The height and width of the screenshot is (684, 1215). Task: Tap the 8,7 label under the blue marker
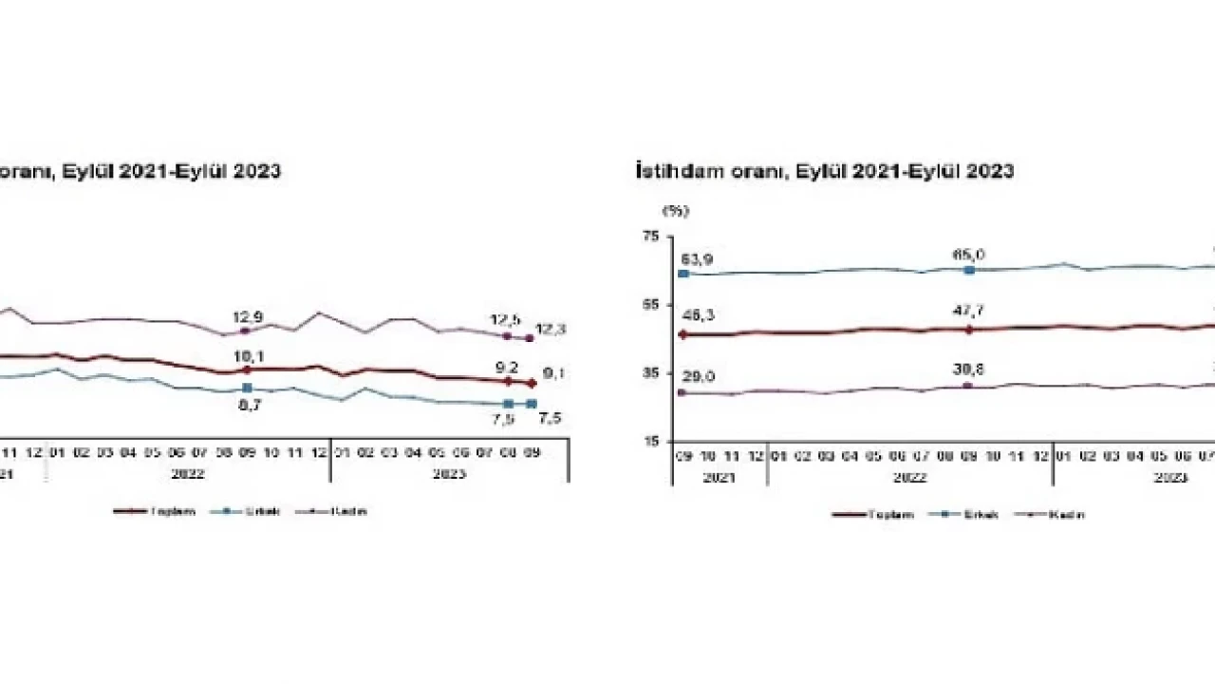click(251, 405)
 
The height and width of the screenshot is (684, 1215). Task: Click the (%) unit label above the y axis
click(676, 211)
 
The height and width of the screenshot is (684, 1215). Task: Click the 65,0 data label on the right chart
click(968, 255)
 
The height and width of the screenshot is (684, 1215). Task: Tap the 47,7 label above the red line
click(968, 313)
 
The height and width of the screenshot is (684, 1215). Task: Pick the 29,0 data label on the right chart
click(698, 377)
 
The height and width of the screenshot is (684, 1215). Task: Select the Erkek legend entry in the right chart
click(978, 515)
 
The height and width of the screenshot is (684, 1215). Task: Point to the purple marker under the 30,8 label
click(968, 386)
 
